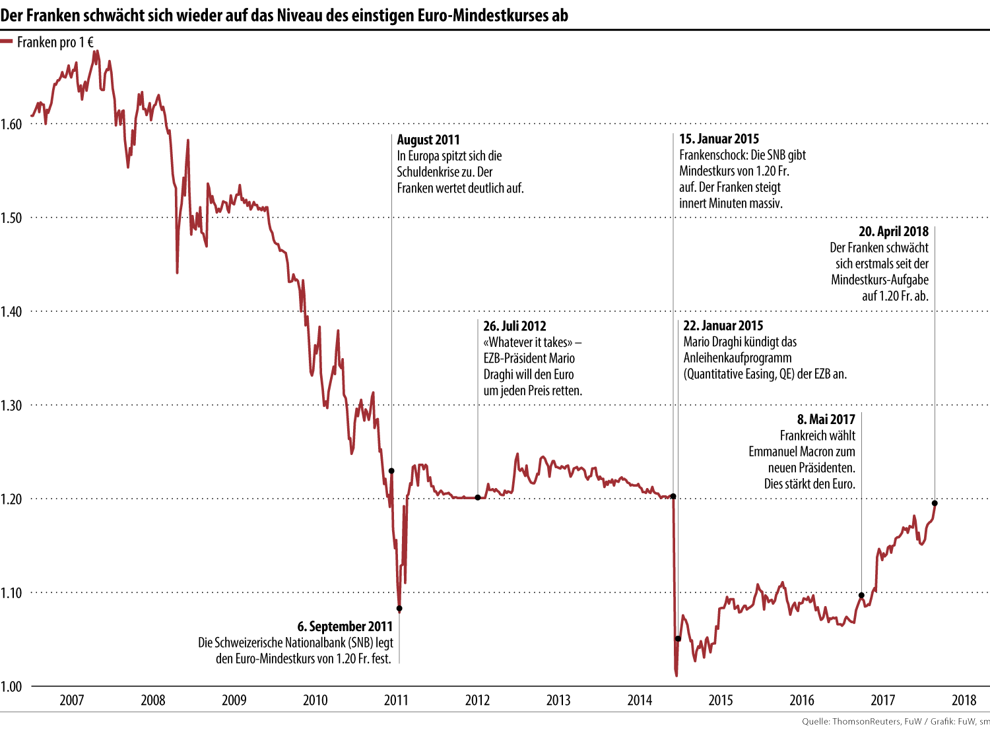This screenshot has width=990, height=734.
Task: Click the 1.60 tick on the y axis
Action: (11, 124)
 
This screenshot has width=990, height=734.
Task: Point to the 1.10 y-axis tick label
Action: (11, 593)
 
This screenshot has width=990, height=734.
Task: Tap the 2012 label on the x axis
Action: (477, 700)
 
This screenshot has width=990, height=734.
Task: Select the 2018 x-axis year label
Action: (964, 700)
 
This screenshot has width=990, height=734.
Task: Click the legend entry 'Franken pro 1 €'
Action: (55, 42)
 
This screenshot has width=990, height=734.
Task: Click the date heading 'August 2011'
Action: (428, 140)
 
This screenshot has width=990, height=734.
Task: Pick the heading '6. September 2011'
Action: (345, 627)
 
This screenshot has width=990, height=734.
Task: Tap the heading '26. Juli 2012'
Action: (515, 326)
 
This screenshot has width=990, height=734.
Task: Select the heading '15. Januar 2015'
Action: (719, 139)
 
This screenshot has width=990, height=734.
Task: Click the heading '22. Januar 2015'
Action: (723, 326)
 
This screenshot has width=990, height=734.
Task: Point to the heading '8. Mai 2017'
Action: (826, 419)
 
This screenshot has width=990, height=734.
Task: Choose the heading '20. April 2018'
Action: (893, 231)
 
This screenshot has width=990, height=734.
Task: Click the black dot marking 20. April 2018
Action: (935, 503)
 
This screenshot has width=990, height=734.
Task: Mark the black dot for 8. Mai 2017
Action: (861, 596)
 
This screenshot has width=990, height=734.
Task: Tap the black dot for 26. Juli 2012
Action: (478, 497)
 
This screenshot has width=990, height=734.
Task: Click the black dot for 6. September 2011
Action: (399, 609)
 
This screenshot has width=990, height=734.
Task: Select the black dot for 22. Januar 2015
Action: (678, 638)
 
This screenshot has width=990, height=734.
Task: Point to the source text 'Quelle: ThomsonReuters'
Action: (851, 721)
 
